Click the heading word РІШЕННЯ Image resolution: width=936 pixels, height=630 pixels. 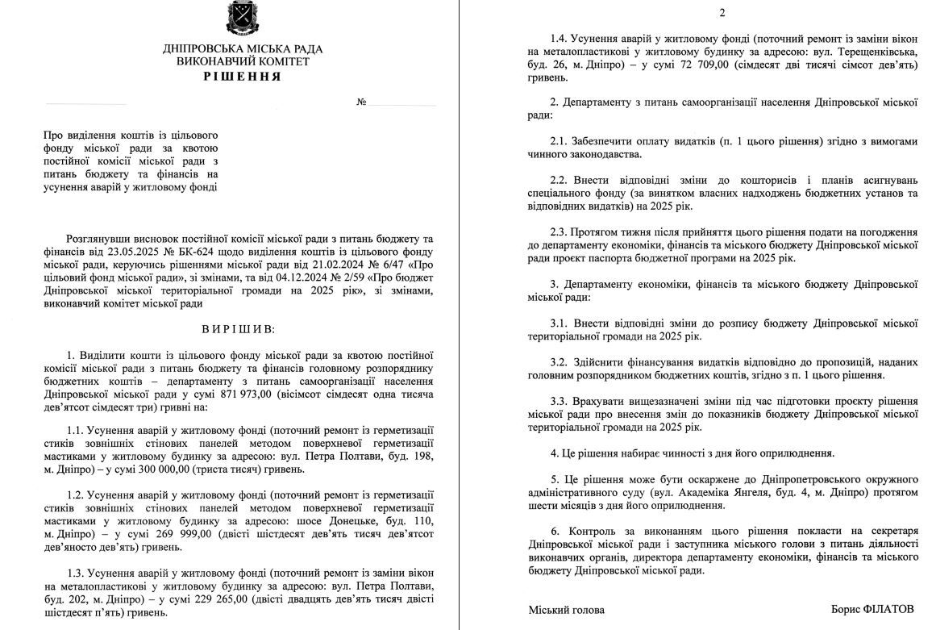[242, 77]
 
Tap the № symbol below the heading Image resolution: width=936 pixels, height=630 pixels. [361, 103]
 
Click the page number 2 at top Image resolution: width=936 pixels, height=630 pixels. [722, 12]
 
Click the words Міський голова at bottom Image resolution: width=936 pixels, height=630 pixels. [566, 610]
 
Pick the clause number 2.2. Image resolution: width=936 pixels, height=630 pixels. [560, 180]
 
